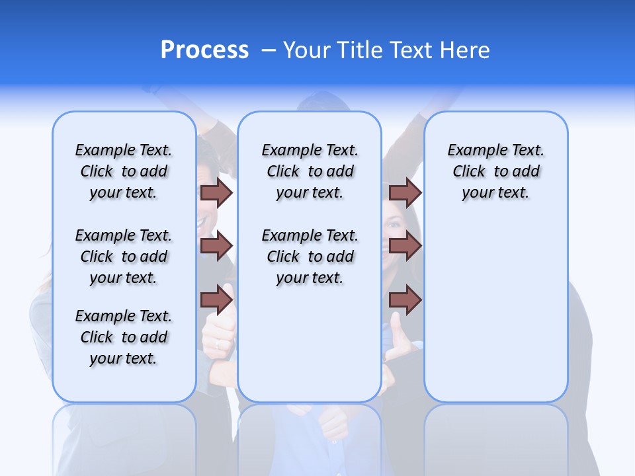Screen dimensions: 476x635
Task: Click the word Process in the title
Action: click(x=204, y=50)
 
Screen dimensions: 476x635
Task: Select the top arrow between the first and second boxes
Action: click(x=216, y=192)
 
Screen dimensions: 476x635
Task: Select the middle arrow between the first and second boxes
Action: click(x=216, y=246)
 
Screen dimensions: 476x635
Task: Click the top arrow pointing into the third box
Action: click(x=405, y=192)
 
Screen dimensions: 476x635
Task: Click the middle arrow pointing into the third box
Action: click(x=405, y=246)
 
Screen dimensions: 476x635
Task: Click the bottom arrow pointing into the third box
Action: click(x=405, y=300)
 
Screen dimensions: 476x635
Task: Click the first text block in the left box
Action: click(x=124, y=171)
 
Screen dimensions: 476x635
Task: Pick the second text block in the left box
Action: click(x=124, y=257)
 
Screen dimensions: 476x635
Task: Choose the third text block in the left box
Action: click(x=124, y=337)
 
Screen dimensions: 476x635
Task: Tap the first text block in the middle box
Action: click(x=310, y=171)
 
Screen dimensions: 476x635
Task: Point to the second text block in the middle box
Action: click(x=310, y=257)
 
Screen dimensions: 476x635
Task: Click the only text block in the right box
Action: click(x=495, y=171)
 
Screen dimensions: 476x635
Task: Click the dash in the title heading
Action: click(x=269, y=50)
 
